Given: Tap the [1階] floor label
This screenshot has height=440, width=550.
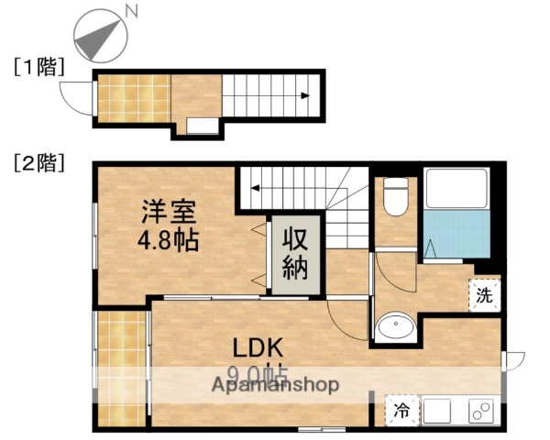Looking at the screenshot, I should point(38,66).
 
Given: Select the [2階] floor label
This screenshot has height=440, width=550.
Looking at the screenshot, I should point(38,164).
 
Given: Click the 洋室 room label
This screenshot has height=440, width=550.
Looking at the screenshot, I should point(168,214).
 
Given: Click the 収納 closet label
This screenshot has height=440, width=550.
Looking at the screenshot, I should point(294,256).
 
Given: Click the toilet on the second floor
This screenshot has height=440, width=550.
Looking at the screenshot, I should point(395,198).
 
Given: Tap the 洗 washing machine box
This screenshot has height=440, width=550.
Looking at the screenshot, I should point(485,295).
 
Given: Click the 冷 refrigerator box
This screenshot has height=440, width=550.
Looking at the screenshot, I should point(400,412).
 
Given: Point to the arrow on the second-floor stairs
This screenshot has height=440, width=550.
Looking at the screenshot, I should point(256,189).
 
